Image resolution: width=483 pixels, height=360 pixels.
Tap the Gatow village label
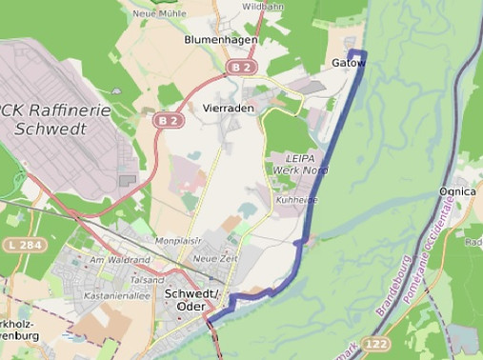click(348, 63)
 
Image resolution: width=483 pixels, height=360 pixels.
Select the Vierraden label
click(229, 109)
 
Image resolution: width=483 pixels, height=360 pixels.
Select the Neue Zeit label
click(214, 258)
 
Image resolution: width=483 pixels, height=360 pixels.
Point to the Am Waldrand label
click(119, 259)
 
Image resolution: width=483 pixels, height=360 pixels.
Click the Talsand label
click(148, 280)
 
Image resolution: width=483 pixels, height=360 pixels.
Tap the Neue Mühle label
click(157, 13)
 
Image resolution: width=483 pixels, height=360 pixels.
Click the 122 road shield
click(376, 343)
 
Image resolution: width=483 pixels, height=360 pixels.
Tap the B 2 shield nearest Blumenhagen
click(241, 68)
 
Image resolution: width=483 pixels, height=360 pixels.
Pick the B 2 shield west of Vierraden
click(169, 121)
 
